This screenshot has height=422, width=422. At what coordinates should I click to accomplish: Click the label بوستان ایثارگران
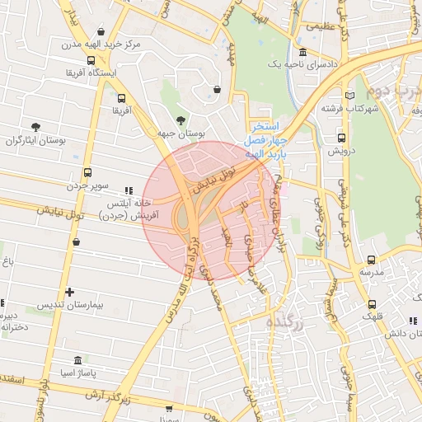point(35,142)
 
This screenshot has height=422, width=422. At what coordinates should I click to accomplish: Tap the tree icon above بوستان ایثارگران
point(35,127)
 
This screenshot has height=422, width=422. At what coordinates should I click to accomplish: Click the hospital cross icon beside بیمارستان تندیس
point(70,292)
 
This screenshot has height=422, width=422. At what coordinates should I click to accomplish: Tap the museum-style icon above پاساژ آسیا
point(77,360)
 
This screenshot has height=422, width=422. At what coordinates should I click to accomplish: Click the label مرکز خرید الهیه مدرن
point(108,41)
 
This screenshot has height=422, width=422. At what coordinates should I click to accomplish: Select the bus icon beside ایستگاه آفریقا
point(91,60)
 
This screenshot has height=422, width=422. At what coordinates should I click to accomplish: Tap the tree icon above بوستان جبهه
point(181,120)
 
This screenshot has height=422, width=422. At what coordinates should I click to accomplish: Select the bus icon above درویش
point(341,138)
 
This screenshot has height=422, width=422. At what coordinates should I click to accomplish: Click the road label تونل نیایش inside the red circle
point(213,180)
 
